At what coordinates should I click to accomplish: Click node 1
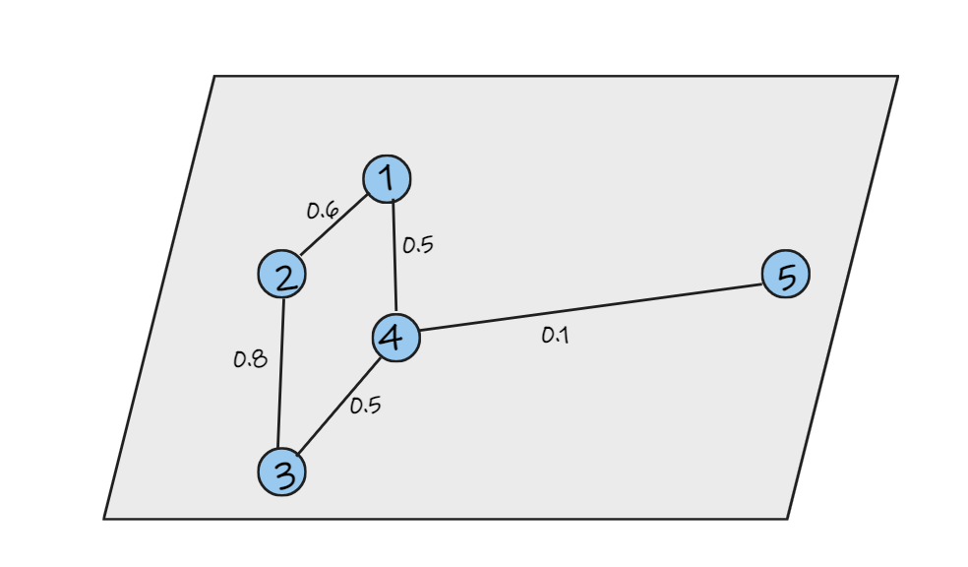387,179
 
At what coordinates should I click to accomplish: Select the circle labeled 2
281,274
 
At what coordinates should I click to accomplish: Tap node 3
281,472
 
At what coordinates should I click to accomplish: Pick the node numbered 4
396,338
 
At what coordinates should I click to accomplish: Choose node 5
786,274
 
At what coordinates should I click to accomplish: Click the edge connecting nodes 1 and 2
334,225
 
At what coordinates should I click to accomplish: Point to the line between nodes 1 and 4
394,256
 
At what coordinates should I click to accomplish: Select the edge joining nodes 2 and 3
281,373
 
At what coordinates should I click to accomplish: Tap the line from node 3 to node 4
339,406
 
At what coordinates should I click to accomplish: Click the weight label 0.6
323,211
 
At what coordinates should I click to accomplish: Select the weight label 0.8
250,359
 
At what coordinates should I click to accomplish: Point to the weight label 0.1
555,336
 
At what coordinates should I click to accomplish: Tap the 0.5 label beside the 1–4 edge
418,245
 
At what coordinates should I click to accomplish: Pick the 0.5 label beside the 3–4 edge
366,406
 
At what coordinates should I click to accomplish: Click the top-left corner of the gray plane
214,76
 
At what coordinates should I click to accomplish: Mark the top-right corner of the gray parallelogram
898,76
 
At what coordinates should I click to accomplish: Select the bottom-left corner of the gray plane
103,519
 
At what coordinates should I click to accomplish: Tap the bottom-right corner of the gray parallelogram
788,519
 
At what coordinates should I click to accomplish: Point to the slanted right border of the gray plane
843,297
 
